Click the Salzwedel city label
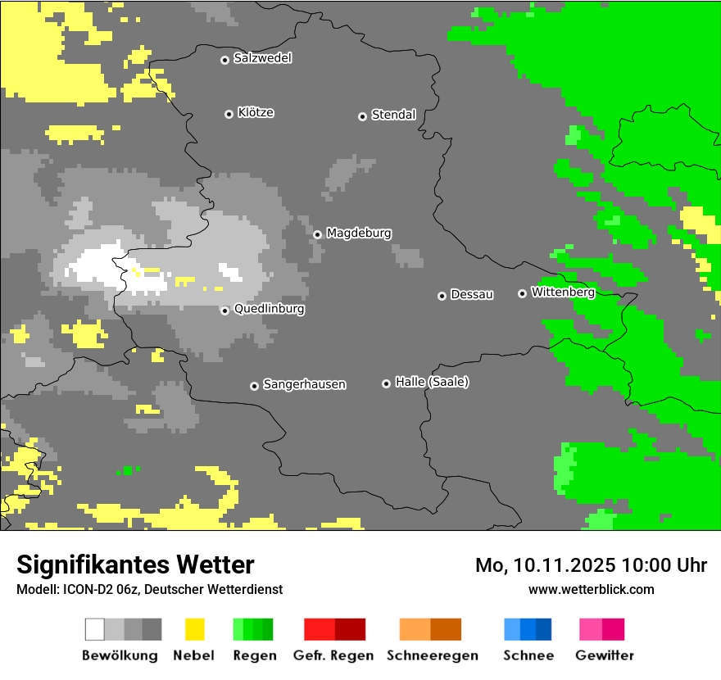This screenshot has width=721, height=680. coord(262,58)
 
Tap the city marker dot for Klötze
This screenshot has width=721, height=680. coord(229,114)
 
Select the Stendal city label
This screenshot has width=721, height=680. coord(393,115)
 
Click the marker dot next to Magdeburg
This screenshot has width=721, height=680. coord(317,234)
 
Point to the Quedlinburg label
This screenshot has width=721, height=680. coord(269,309)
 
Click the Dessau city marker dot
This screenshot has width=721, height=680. coord(442,296)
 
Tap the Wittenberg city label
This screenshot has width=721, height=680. coord(562,292)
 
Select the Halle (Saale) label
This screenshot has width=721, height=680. coord(432,382)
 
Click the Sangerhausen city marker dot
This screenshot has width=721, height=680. coord(254,386)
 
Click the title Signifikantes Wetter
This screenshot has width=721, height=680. coord(135,564)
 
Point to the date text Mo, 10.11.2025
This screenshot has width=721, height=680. coord(546,565)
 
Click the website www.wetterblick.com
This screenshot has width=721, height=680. coord(591,589)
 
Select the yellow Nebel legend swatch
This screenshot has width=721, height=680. coord(194,629)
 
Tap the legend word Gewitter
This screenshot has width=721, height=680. coord(604,655)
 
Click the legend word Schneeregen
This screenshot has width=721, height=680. coord(432,655)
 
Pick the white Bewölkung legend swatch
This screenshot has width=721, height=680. coord(95,629)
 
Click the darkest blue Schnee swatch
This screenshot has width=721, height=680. coord(543,629)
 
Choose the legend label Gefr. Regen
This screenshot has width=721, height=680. coord(333,655)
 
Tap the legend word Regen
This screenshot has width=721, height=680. coord(253,655)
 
